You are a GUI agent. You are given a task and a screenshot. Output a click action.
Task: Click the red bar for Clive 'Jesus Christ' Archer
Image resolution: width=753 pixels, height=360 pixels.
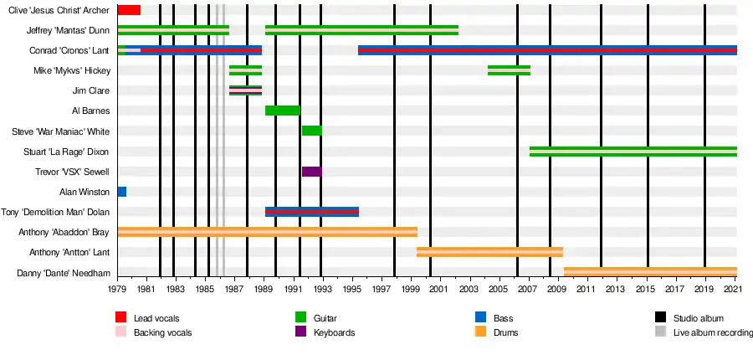(129, 10)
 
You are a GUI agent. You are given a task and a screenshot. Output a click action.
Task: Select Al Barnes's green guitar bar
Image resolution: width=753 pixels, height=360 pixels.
(282, 111)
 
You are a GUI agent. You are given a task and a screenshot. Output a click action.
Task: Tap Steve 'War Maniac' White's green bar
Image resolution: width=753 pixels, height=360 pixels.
(311, 131)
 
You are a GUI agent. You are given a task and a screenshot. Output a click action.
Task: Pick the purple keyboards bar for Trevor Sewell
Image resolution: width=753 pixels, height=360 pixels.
(311, 172)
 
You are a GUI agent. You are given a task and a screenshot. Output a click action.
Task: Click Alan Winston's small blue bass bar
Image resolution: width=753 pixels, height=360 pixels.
(122, 192)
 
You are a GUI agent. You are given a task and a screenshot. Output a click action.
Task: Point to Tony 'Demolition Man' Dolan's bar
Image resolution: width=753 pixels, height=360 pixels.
(311, 212)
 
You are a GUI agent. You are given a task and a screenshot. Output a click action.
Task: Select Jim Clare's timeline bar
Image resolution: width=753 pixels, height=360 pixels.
(245, 90)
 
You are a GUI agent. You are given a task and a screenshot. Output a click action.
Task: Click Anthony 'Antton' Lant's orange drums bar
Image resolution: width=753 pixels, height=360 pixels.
(489, 252)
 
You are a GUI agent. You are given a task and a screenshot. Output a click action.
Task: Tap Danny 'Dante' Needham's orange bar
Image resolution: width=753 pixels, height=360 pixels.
(650, 272)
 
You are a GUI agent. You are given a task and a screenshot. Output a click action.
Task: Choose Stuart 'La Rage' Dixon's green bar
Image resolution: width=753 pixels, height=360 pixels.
(633, 152)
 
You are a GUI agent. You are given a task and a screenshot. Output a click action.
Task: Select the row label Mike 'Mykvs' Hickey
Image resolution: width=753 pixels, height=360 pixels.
(74, 70)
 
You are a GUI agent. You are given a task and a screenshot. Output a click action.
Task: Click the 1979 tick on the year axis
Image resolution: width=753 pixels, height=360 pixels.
(118, 289)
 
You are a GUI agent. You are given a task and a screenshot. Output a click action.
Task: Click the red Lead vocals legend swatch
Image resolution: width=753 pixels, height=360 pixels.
(121, 318)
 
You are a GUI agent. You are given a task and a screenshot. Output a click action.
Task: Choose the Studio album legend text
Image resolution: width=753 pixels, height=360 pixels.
(698, 318)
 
